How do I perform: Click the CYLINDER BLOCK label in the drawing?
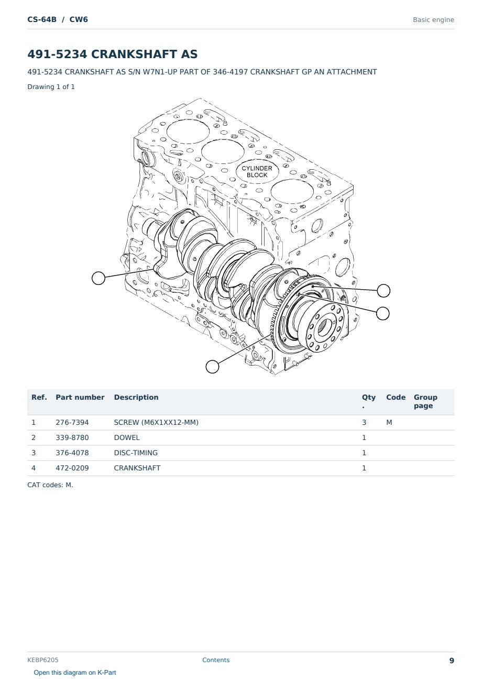point(257,171)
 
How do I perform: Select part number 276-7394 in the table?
point(72,422)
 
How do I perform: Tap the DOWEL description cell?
point(127,437)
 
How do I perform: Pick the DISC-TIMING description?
point(136,453)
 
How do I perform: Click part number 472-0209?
point(72,468)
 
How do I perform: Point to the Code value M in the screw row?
point(389,422)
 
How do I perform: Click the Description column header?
point(136,397)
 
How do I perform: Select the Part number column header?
point(80,397)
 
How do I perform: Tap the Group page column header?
point(425,401)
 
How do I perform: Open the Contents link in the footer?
point(216,660)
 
